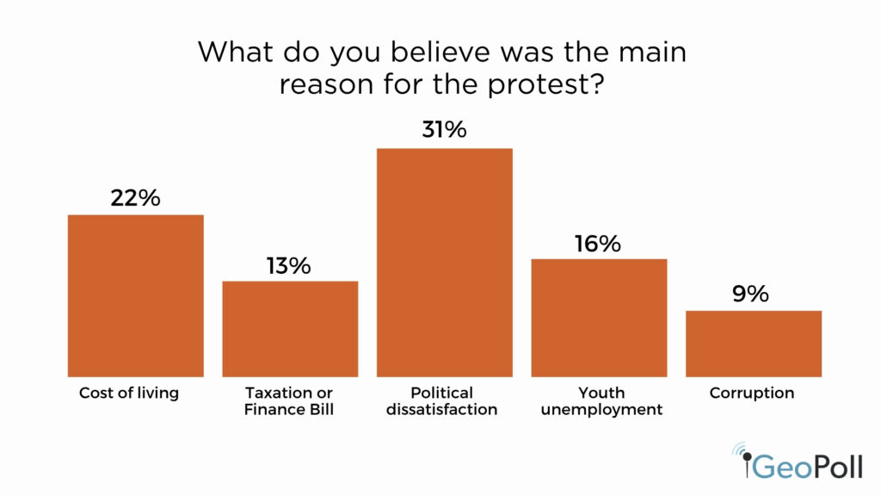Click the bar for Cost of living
coord(136,295)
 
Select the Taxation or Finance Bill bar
coord(290,328)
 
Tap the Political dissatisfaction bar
coord(444,263)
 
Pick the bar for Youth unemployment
coord(599,317)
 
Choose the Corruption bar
coord(753,343)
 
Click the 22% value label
coord(136,197)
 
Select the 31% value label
coord(444,131)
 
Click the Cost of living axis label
coord(129,394)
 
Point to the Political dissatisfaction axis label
coord(442,401)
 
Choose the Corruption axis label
coord(752,394)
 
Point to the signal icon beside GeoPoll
coord(740,452)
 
